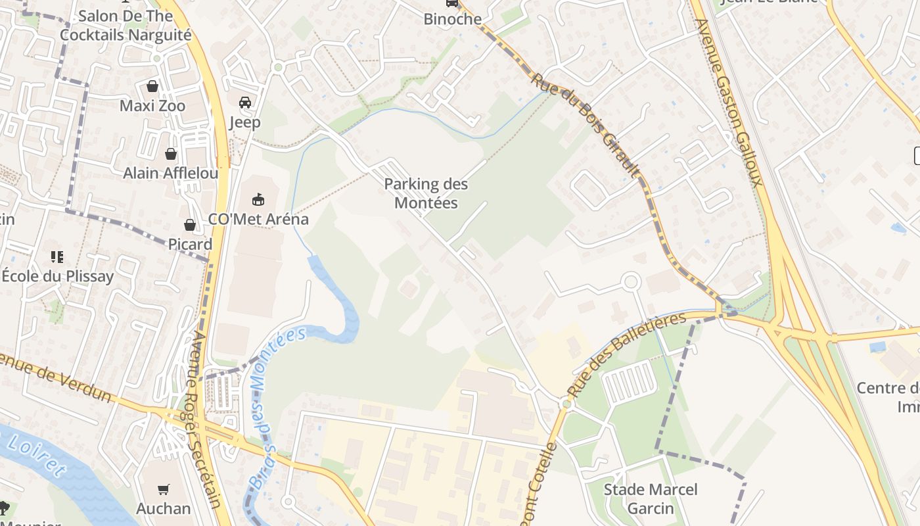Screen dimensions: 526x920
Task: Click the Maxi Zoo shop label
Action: click(152, 106)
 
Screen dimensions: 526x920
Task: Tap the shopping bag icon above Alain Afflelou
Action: click(171, 154)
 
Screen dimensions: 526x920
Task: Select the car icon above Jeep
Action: click(245, 102)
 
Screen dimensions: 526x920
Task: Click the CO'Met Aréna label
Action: click(258, 219)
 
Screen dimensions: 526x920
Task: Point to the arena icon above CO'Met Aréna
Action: click(258, 199)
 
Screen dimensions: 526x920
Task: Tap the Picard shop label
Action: click(190, 244)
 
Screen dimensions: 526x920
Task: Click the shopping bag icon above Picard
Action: click(190, 225)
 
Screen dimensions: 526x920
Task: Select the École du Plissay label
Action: click(57, 276)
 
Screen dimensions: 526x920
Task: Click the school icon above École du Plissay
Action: click(57, 256)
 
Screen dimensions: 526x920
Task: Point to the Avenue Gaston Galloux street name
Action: click(729, 102)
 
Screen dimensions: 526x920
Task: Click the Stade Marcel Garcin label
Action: click(651, 499)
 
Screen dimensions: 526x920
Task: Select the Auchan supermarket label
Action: click(163, 508)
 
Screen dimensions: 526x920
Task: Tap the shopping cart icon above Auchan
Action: click(163, 489)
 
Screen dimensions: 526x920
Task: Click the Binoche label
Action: click(452, 19)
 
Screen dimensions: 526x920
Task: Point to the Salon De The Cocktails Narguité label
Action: click(125, 25)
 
